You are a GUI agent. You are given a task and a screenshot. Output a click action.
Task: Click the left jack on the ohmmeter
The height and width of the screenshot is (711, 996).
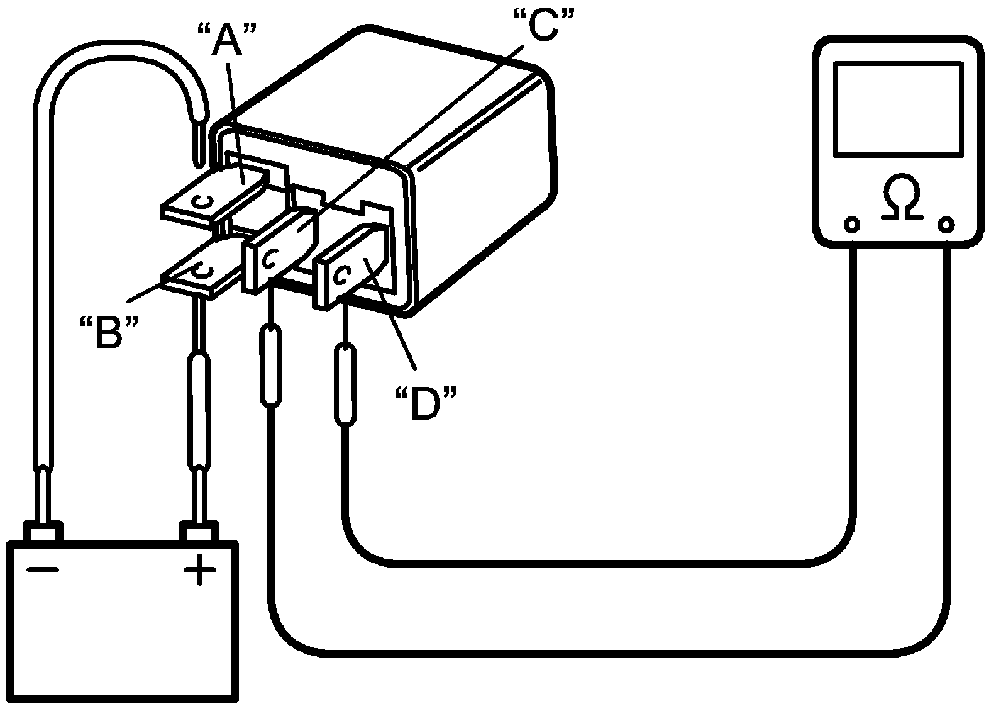[x=851, y=225]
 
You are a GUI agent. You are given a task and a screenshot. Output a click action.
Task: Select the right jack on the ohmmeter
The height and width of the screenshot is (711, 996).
[x=946, y=225]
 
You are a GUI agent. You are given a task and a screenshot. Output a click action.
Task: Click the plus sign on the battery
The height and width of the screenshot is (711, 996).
[x=200, y=571]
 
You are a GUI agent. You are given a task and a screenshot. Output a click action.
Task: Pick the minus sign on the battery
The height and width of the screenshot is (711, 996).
[x=43, y=570]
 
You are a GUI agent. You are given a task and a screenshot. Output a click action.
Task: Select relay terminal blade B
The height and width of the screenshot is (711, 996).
[x=200, y=274]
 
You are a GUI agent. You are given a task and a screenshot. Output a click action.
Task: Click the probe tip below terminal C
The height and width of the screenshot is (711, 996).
[x=271, y=365]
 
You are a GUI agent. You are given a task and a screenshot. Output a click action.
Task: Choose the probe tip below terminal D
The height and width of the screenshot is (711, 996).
[x=344, y=384]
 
